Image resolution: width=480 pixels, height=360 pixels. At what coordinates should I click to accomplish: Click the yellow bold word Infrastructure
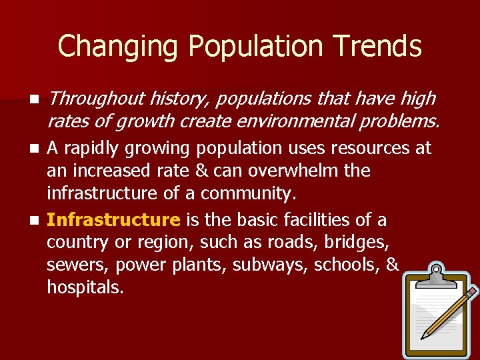click(113, 220)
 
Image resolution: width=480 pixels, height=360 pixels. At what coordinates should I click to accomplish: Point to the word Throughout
click(95, 99)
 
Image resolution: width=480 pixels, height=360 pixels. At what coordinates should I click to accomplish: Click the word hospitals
click(85, 288)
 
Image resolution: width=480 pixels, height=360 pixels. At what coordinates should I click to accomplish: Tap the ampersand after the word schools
click(392, 265)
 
